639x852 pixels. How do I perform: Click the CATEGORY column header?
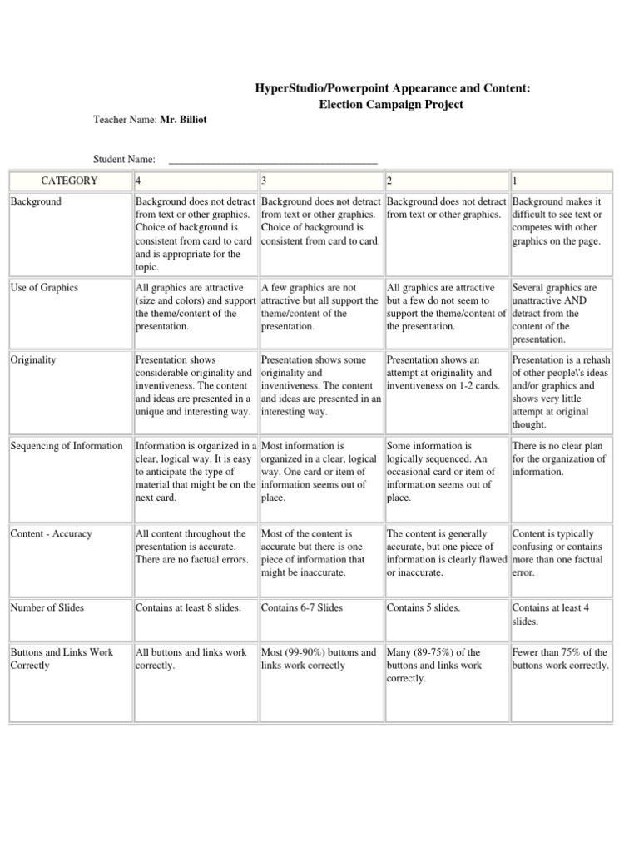pos(70,181)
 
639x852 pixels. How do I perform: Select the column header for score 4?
pos(138,181)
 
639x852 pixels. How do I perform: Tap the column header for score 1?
pos(516,181)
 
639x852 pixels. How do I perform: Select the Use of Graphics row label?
pos(44,288)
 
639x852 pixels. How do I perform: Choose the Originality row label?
pos(34,359)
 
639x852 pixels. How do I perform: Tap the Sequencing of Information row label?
pos(67,446)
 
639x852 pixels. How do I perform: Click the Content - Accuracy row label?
pos(52,533)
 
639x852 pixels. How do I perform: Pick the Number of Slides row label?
pos(47,607)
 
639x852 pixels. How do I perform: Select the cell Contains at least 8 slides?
pos(188,607)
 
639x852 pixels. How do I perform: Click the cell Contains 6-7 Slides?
pos(302,607)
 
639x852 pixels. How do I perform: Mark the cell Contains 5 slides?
pos(424,607)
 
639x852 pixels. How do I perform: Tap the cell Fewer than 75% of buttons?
pos(560,659)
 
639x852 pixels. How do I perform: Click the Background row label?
pos(36,201)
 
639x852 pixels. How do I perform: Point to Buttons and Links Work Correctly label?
pos(62,659)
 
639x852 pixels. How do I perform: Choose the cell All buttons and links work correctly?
pos(191,659)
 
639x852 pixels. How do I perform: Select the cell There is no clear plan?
pos(558,458)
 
